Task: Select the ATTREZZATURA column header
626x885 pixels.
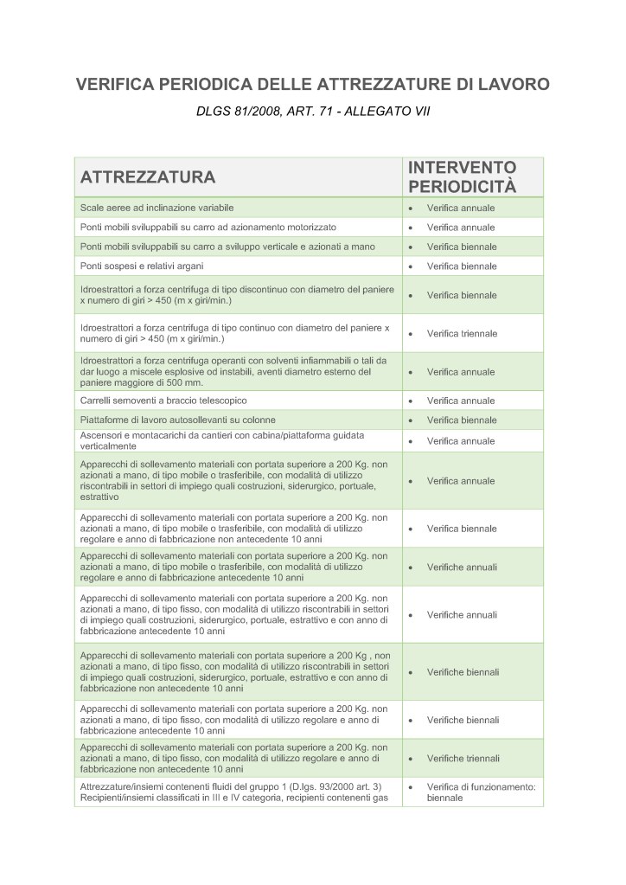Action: click(147, 178)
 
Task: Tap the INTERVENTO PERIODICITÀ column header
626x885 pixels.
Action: click(462, 177)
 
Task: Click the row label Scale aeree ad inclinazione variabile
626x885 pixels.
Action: click(157, 208)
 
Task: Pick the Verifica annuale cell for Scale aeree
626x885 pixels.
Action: click(461, 208)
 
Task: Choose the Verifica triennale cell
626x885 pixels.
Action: click(462, 333)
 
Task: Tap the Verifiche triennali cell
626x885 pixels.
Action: click(463, 758)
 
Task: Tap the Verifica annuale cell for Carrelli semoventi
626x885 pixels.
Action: click(461, 401)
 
